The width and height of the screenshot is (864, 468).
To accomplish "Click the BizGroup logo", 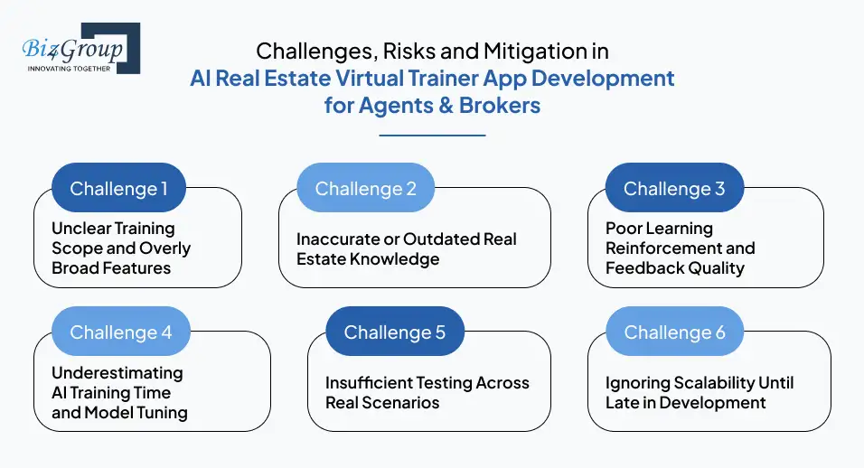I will point(80,49).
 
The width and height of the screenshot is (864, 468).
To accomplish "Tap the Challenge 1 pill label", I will point(118,189).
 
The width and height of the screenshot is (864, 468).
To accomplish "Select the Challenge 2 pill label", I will point(365,189).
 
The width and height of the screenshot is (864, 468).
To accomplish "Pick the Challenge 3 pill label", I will point(674,189).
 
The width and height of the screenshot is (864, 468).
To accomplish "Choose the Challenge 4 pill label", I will point(120,332).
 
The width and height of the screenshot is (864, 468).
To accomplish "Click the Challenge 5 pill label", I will point(394,332).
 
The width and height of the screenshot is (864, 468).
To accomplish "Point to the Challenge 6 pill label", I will point(674,332).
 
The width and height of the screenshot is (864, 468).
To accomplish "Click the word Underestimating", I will point(117,373).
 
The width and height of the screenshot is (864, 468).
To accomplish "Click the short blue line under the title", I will point(432,135).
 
